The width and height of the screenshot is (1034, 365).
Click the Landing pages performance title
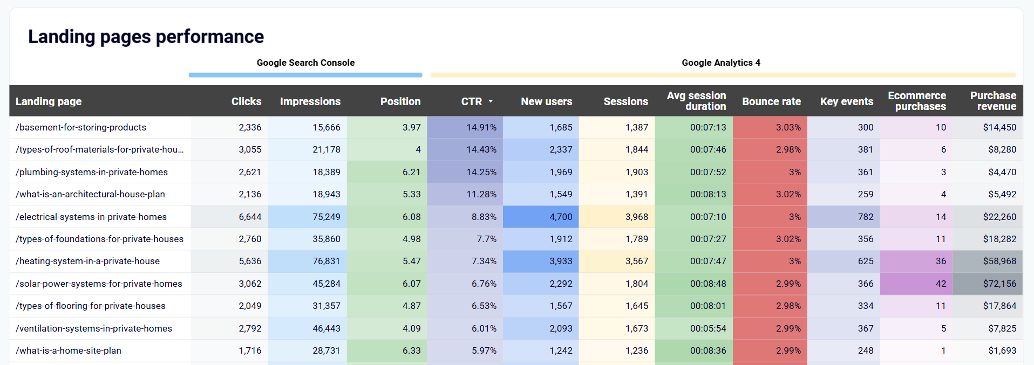pyautogui.click(x=146, y=37)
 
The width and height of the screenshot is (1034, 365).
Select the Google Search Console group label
pyautogui.click(x=305, y=63)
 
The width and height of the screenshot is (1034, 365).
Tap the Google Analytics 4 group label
pyautogui.click(x=720, y=63)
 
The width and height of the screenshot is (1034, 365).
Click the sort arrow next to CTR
pyautogui.click(x=491, y=101)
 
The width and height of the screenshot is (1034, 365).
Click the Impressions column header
pyautogui.click(x=310, y=101)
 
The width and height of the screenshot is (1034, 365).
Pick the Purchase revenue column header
pyautogui.click(x=992, y=101)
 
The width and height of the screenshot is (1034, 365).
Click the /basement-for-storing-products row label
pyautogui.click(x=81, y=127)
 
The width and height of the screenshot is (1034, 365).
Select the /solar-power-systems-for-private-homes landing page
pyautogui.click(x=99, y=284)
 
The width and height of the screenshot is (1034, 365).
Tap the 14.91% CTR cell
pyautogui.click(x=481, y=127)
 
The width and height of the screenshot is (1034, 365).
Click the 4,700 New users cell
pyautogui.click(x=561, y=217)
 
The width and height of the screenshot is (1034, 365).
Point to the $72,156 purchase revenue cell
pyautogui.click(x=999, y=284)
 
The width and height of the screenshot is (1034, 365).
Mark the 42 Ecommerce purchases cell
pyautogui.click(x=940, y=284)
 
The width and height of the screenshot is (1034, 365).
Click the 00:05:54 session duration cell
pyautogui.click(x=708, y=328)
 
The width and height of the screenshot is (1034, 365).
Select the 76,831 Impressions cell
pyautogui.click(x=326, y=261)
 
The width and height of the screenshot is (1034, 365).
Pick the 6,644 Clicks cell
pyautogui.click(x=250, y=217)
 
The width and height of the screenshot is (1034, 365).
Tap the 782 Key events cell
pyautogui.click(x=865, y=217)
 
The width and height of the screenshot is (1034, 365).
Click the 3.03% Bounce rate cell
pyautogui.click(x=788, y=127)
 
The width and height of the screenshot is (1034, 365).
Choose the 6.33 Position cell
pyautogui.click(x=411, y=350)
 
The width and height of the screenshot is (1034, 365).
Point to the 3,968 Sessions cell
pyautogui.click(x=636, y=217)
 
